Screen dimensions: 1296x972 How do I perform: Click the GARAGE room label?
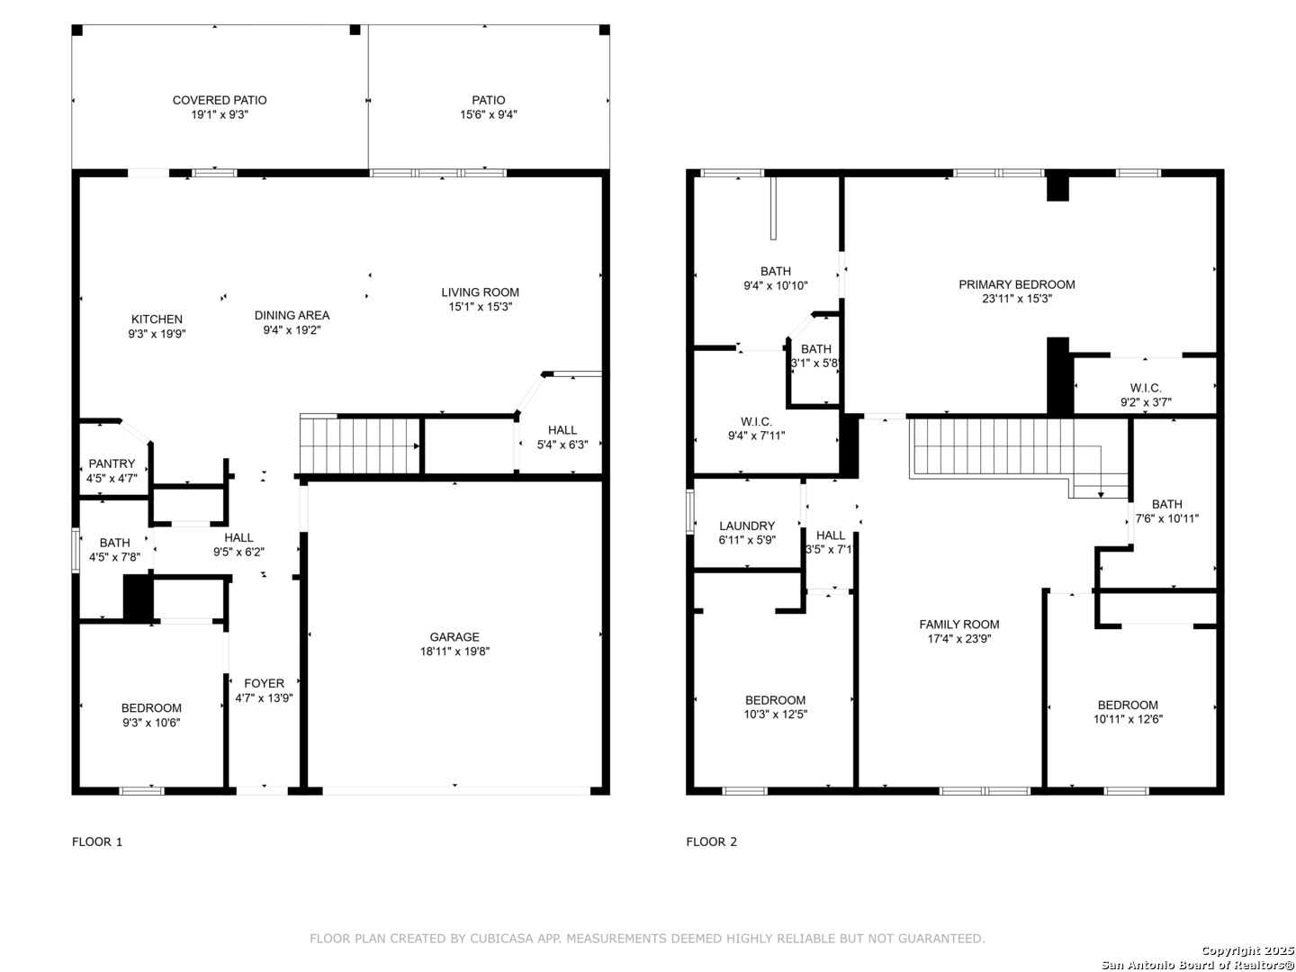click(454, 637)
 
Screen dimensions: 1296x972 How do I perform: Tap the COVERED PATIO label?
click(219, 100)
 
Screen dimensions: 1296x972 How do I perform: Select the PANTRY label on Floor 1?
click(112, 463)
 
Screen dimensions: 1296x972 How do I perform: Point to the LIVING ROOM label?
click(480, 292)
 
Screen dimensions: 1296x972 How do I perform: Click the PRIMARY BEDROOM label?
click(1016, 284)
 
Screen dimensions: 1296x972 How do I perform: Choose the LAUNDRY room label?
click(747, 526)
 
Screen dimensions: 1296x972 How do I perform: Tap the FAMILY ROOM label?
click(958, 625)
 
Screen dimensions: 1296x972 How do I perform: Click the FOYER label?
click(264, 683)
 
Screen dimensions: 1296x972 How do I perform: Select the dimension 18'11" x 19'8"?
click(454, 652)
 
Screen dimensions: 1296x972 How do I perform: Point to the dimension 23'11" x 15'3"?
click(1017, 299)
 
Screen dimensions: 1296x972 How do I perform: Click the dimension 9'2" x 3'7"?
click(1146, 402)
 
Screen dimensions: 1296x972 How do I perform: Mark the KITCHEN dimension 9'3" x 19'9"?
click(157, 334)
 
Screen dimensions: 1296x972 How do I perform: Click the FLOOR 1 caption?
click(97, 842)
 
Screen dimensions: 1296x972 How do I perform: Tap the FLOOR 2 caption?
click(712, 842)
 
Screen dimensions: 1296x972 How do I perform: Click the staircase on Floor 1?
click(360, 445)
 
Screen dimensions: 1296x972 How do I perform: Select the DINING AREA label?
click(292, 316)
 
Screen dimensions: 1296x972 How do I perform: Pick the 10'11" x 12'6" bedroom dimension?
click(1128, 719)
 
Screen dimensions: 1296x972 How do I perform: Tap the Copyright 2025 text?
click(1248, 950)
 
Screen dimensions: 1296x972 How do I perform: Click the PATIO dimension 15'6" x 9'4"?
click(489, 114)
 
